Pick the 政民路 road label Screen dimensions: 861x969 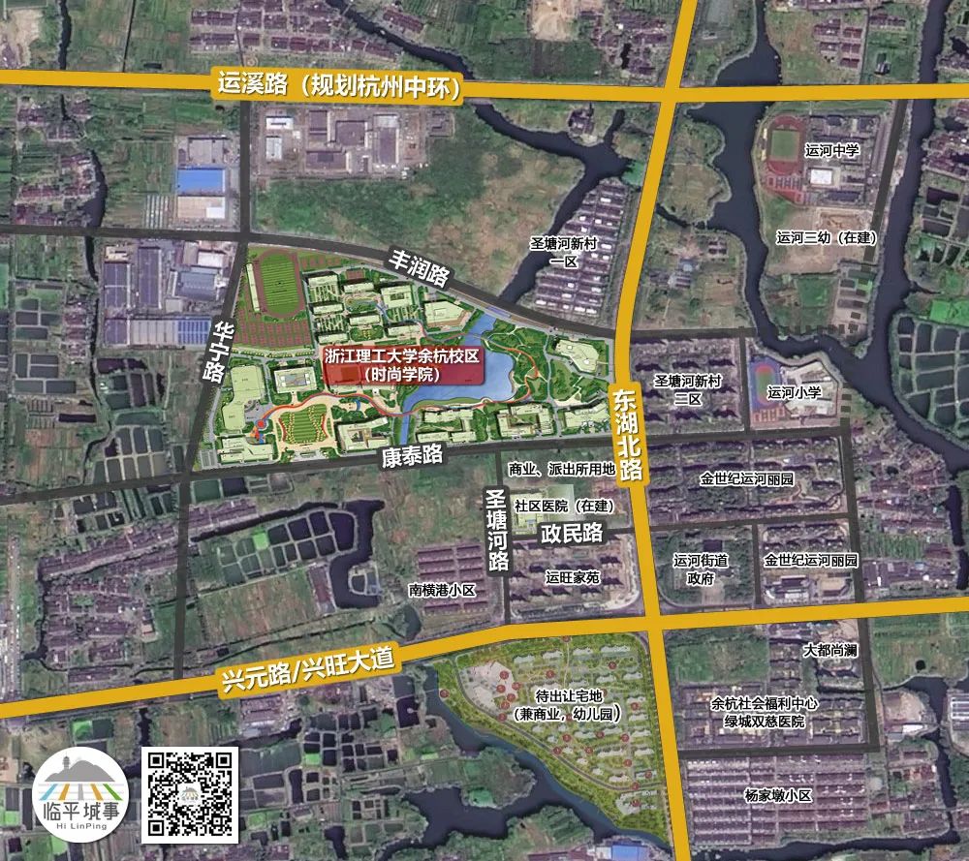[x=572, y=533]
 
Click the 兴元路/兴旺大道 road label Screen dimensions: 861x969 [x=305, y=669]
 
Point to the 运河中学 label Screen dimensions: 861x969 [x=831, y=150]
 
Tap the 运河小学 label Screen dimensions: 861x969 [x=794, y=392]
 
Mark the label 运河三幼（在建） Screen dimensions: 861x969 [x=826, y=237]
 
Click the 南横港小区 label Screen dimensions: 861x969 [x=442, y=588]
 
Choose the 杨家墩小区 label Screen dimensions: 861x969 [x=777, y=794]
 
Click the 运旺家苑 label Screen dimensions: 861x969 [x=572, y=577]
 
